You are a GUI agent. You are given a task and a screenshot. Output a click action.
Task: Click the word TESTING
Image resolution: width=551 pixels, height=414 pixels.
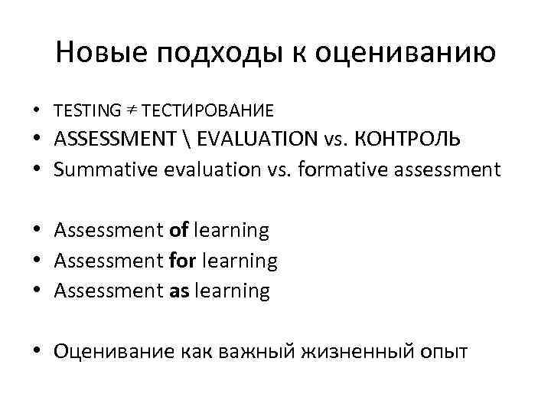click(x=86, y=110)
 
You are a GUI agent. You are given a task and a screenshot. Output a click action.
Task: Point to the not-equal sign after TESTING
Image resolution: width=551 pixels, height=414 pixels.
click(x=129, y=110)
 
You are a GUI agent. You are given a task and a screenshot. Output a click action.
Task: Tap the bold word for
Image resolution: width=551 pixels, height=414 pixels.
click(x=181, y=260)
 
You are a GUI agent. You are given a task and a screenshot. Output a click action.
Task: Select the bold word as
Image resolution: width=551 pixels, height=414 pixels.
click(x=178, y=291)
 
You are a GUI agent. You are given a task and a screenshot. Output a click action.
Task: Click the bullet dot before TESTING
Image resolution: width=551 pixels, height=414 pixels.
click(x=36, y=111)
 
